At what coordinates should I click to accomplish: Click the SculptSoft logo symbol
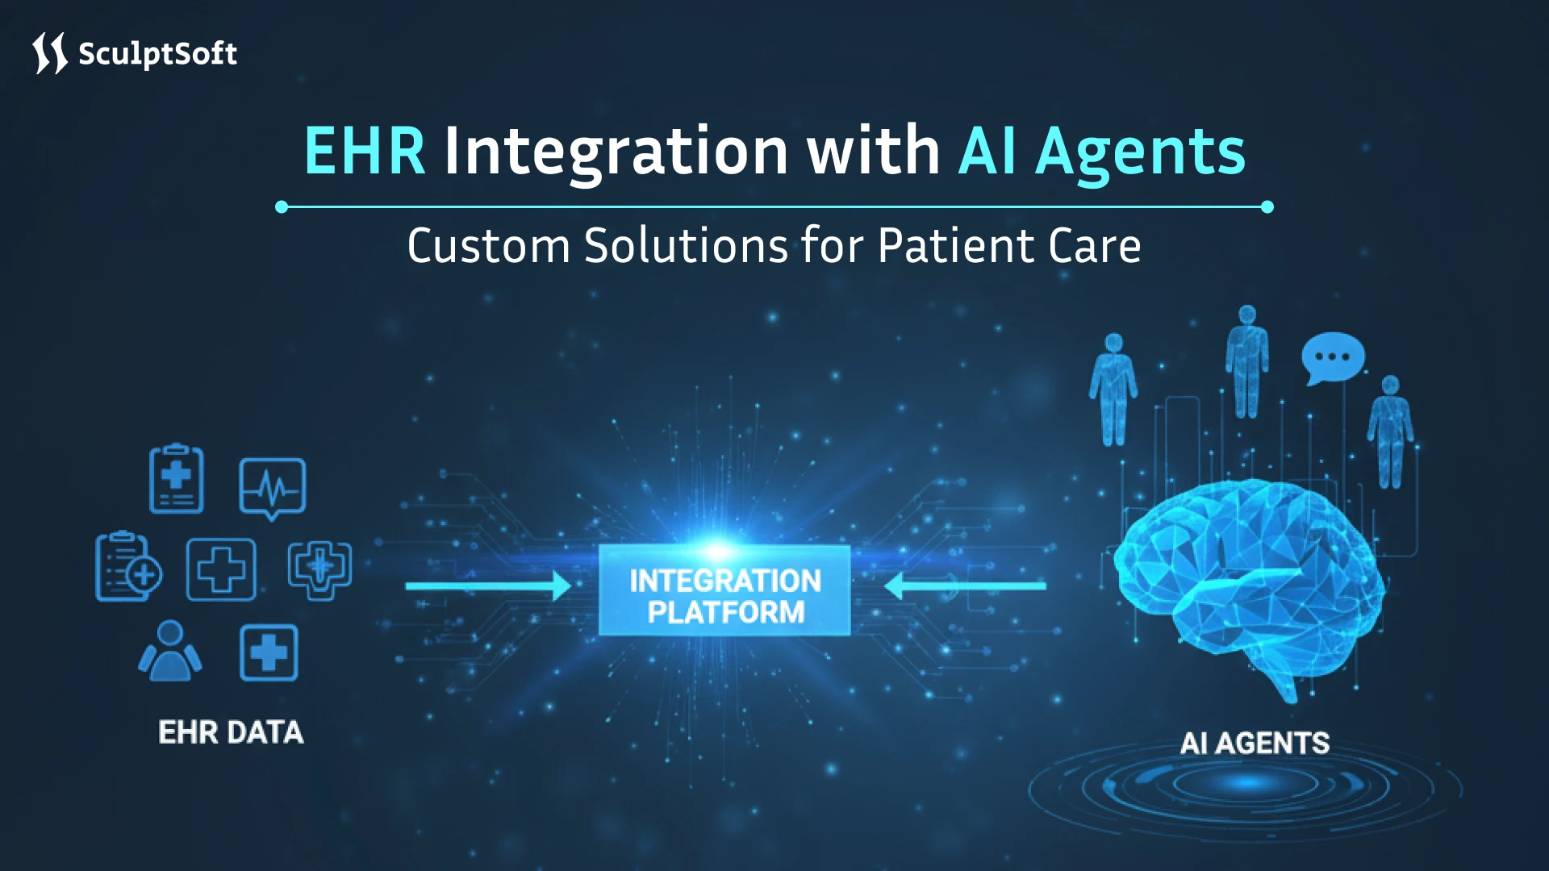(49, 53)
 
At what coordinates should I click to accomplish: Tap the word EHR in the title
(365, 151)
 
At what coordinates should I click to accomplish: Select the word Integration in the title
(616, 151)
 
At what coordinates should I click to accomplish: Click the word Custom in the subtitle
(489, 245)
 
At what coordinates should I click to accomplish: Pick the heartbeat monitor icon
(273, 486)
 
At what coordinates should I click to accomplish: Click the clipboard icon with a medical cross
(177, 479)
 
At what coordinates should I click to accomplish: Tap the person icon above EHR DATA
(170, 651)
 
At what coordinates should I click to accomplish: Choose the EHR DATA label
(231, 732)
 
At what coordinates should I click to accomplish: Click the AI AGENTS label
(1255, 743)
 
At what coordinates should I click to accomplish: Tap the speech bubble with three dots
(1332, 357)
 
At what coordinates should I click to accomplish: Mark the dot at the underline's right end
(1267, 207)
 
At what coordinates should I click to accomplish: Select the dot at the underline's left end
(282, 207)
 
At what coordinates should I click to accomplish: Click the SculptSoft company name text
(157, 54)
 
